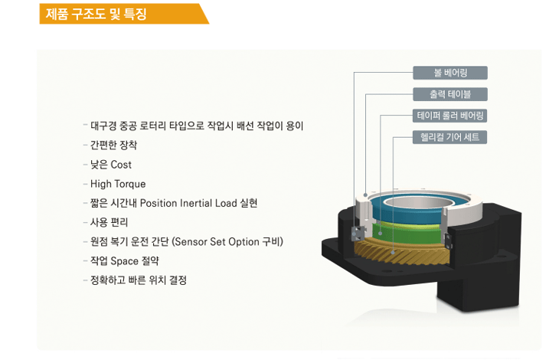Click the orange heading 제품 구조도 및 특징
point(96,15)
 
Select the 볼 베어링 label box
point(450,73)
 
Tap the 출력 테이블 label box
point(450,94)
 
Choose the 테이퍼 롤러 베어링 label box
point(450,116)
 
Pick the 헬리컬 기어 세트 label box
point(450,137)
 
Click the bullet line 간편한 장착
point(114,145)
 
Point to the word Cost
point(121,165)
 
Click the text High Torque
point(118,184)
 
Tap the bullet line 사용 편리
point(109,222)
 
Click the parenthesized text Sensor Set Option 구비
point(227,242)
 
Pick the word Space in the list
point(124,261)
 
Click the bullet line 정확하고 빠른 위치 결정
point(139,280)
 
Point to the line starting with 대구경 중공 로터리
point(197,126)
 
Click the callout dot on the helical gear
point(393,252)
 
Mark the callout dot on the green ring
point(381,234)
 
